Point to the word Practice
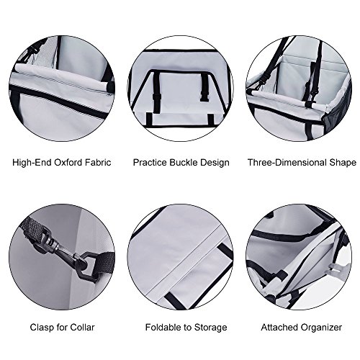click(x=150, y=163)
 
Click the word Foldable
click(x=163, y=328)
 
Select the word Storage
click(x=210, y=328)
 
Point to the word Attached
click(x=279, y=328)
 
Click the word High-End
click(x=32, y=163)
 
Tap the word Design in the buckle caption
click(x=215, y=163)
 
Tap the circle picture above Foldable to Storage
click(x=180, y=256)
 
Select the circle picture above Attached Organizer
click(x=299, y=256)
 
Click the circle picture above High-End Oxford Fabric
click(x=62, y=89)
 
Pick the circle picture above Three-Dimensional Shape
click(x=299, y=89)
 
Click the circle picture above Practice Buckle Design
click(x=180, y=89)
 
